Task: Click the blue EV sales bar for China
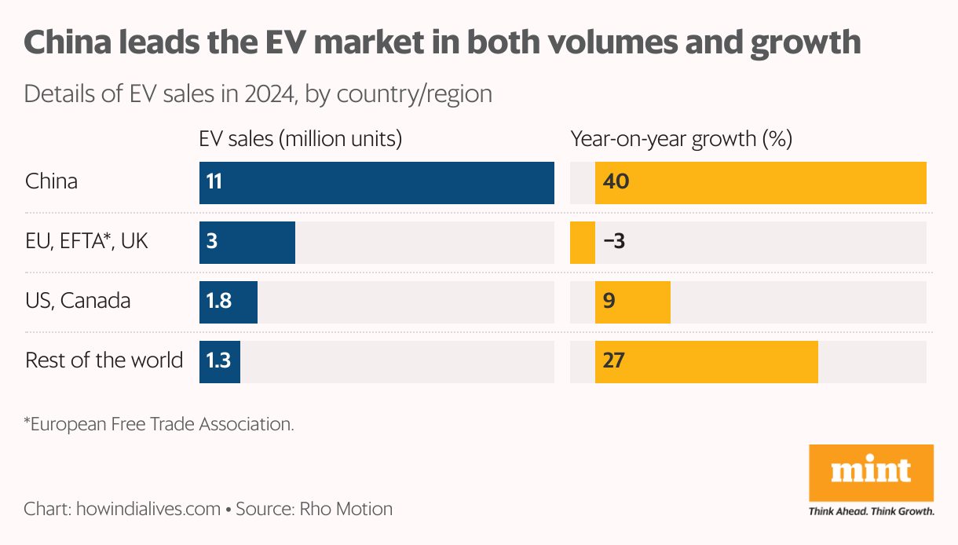tap(377, 183)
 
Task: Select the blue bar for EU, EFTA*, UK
tap(247, 243)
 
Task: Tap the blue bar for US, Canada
tap(229, 302)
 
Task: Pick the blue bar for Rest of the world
tap(220, 362)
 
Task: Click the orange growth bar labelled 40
tap(760, 183)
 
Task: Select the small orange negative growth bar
tap(582, 243)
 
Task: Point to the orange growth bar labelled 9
tap(632, 302)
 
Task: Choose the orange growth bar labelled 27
tap(706, 362)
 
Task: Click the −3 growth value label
tap(614, 242)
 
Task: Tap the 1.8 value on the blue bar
tap(219, 302)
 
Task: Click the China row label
tap(52, 182)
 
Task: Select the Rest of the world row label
tap(104, 360)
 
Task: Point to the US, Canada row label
tap(78, 301)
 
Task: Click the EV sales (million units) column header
tap(301, 140)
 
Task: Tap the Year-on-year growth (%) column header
tap(681, 140)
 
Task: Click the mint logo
tap(871, 472)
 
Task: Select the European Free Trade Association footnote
tap(159, 424)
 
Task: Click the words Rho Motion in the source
tap(346, 509)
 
